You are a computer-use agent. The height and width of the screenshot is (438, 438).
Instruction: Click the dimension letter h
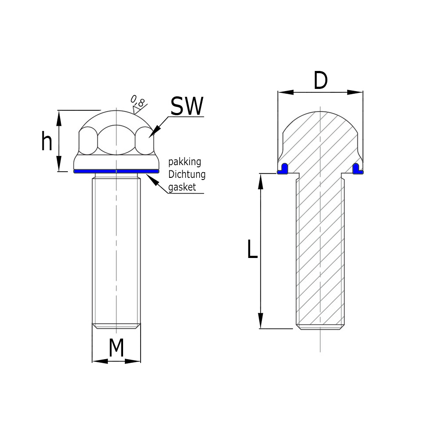[x=46, y=141]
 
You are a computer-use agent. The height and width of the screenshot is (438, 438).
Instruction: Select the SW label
[x=187, y=106]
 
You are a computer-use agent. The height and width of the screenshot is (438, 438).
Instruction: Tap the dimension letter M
[x=116, y=348]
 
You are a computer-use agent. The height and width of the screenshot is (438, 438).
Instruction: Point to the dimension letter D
[x=321, y=81]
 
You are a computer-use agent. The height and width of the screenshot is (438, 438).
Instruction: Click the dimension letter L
[x=252, y=250]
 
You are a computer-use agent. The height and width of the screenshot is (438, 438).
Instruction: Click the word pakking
[x=185, y=162]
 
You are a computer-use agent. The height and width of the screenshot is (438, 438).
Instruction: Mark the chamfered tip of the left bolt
[x=117, y=326]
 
